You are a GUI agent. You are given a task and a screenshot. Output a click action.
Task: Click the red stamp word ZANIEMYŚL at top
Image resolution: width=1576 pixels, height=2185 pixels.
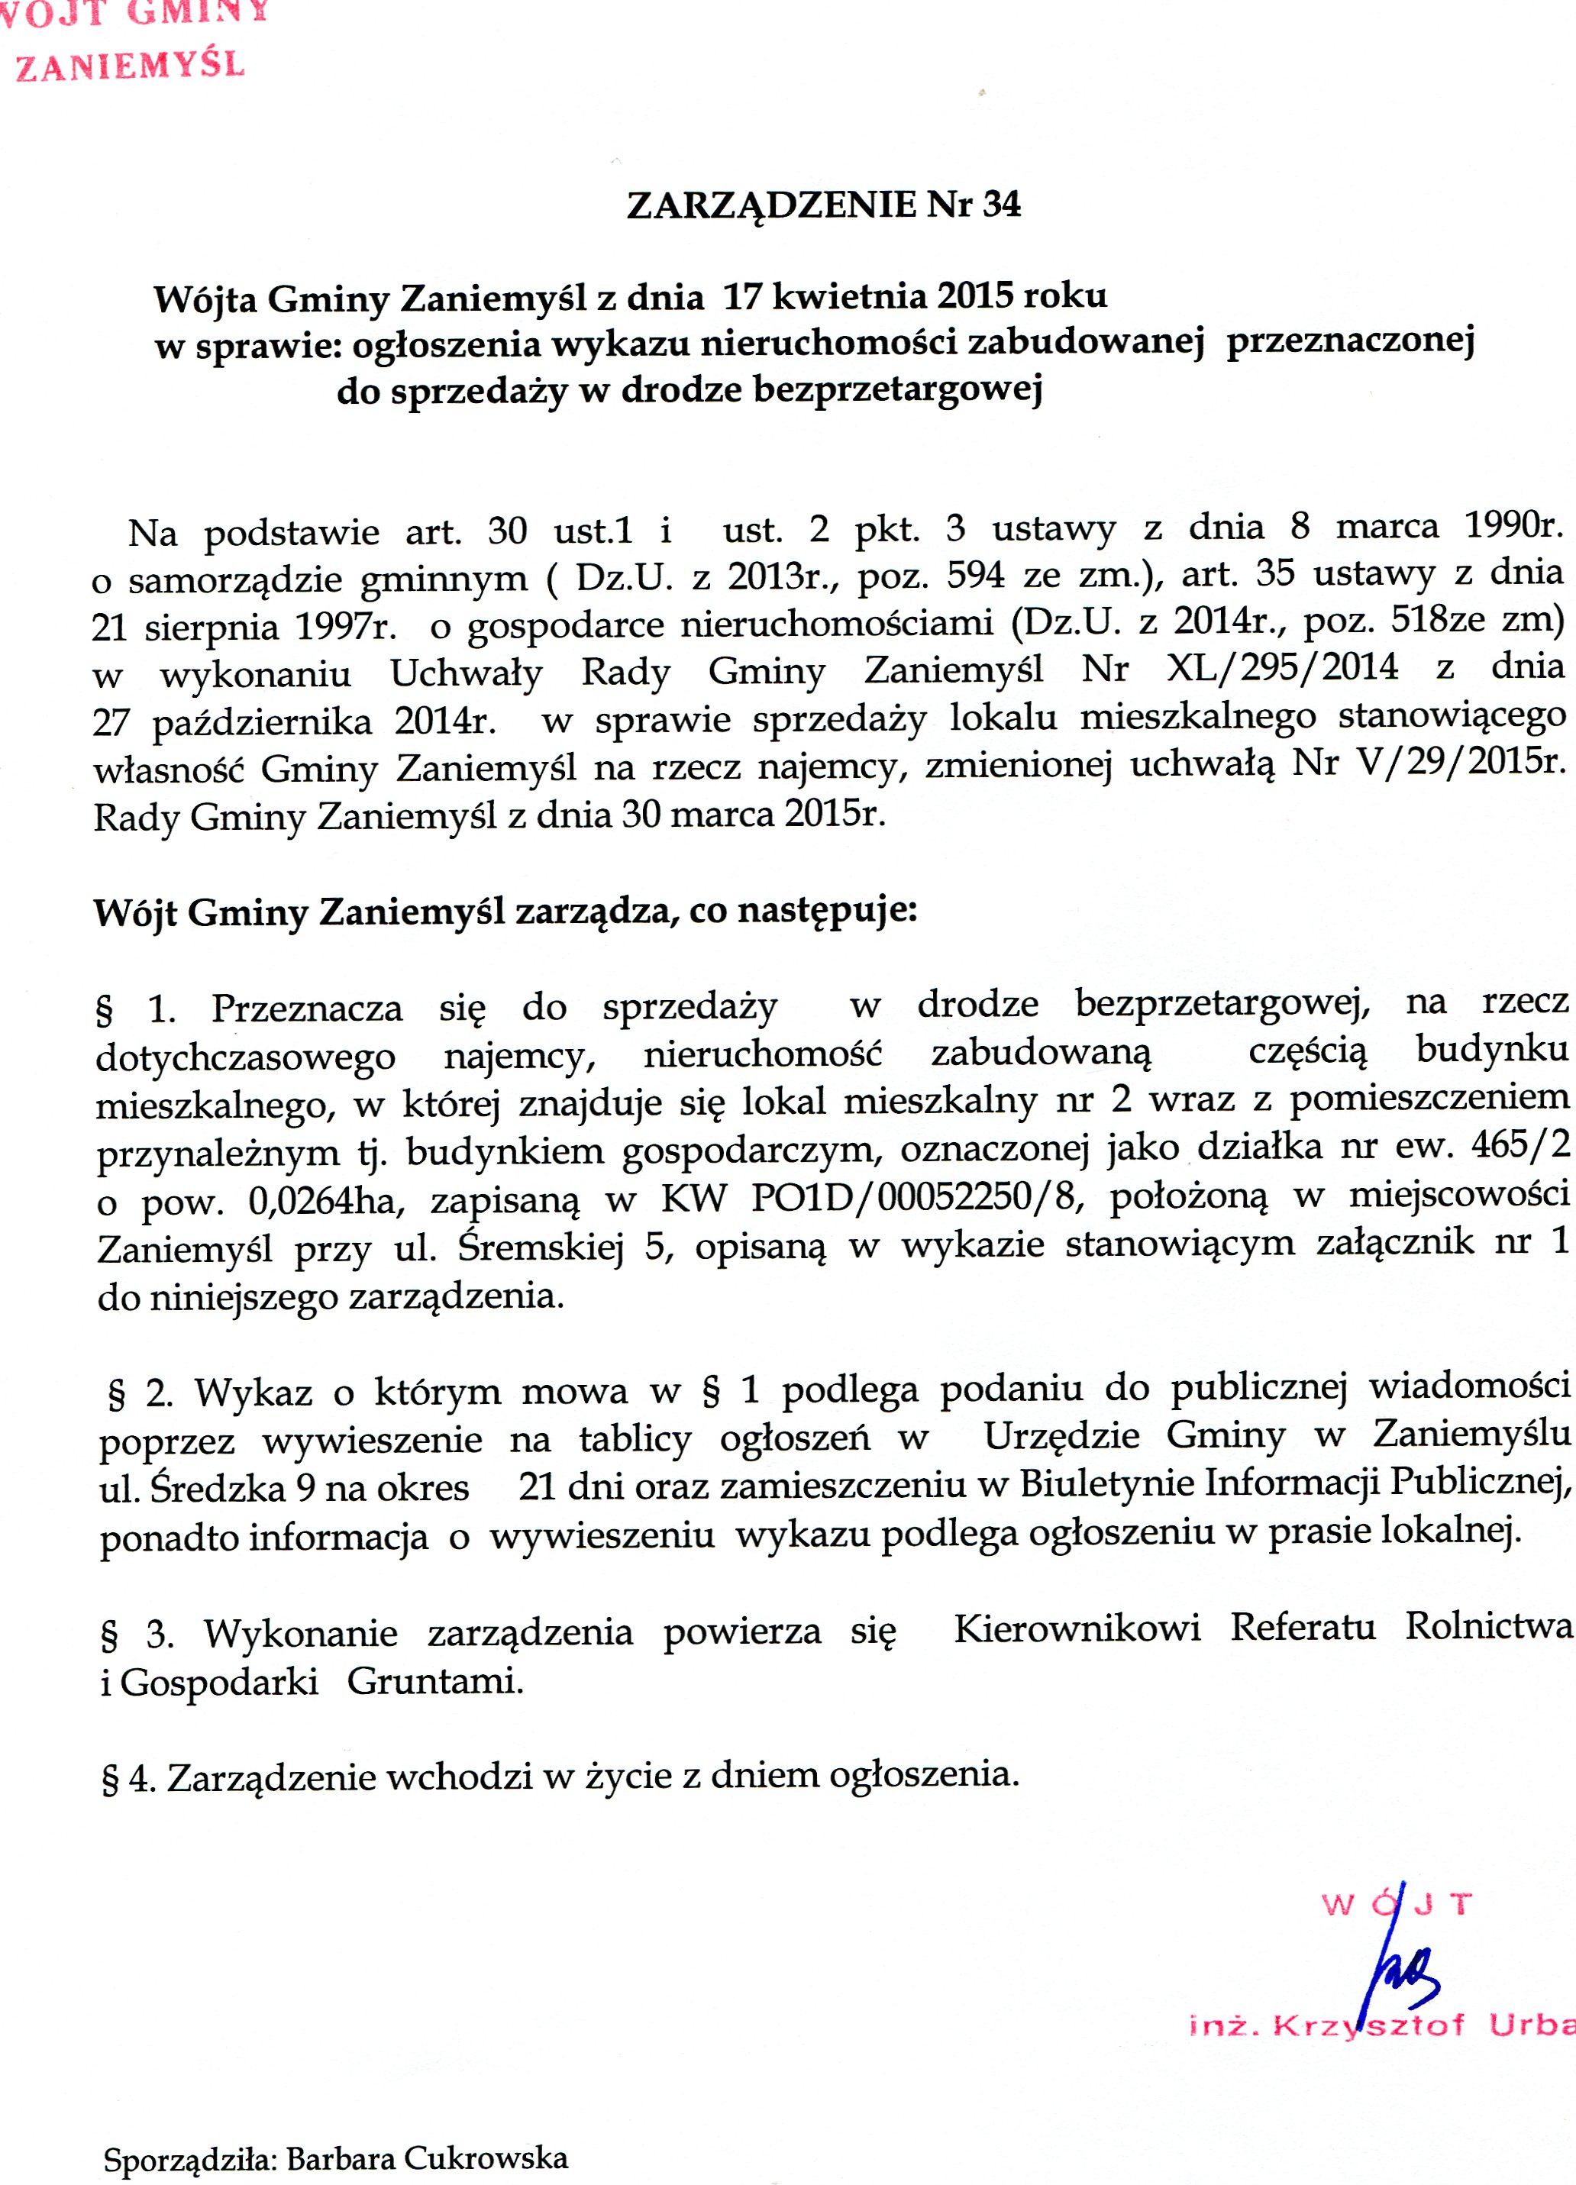click(130, 66)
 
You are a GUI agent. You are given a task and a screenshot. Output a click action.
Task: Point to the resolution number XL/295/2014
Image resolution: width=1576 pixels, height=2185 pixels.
click(1281, 667)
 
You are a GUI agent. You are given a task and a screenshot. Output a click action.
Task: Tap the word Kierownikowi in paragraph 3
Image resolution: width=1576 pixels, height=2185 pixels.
click(1076, 1628)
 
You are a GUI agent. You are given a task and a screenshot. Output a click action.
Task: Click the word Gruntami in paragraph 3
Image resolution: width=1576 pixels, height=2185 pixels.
click(434, 1681)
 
